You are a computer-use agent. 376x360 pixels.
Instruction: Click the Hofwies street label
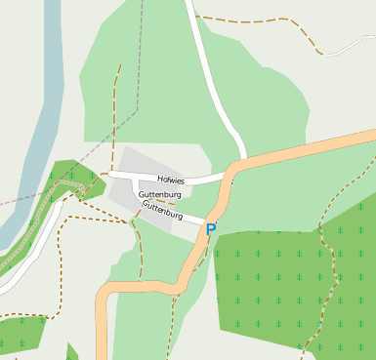pyautogui.click(x=171, y=180)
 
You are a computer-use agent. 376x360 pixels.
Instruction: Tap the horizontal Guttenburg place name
pyautogui.click(x=161, y=195)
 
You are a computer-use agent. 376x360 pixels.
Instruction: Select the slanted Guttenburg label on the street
pyautogui.click(x=162, y=208)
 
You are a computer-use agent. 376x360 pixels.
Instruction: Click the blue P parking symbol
pyautogui.click(x=210, y=230)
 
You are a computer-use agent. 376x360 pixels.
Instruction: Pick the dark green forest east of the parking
pyautogui.click(x=293, y=283)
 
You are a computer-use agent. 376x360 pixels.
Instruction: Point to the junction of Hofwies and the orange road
pyautogui.click(x=229, y=178)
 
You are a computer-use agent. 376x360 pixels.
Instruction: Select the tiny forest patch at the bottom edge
pyautogui.click(x=71, y=352)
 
